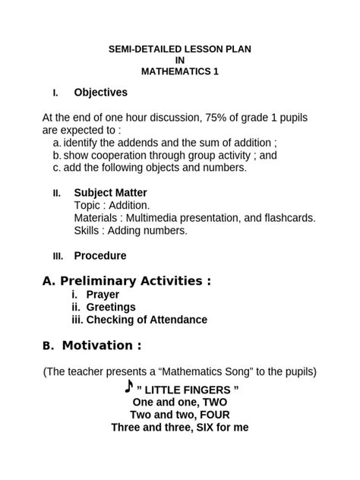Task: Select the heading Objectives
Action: click(x=100, y=93)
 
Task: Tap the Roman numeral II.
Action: click(x=56, y=193)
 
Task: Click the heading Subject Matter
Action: click(x=110, y=193)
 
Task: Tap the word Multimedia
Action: click(x=154, y=218)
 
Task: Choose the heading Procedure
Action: click(x=99, y=256)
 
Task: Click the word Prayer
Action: click(x=102, y=294)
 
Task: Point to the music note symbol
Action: click(x=128, y=387)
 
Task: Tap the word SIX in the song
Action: click(x=196, y=428)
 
